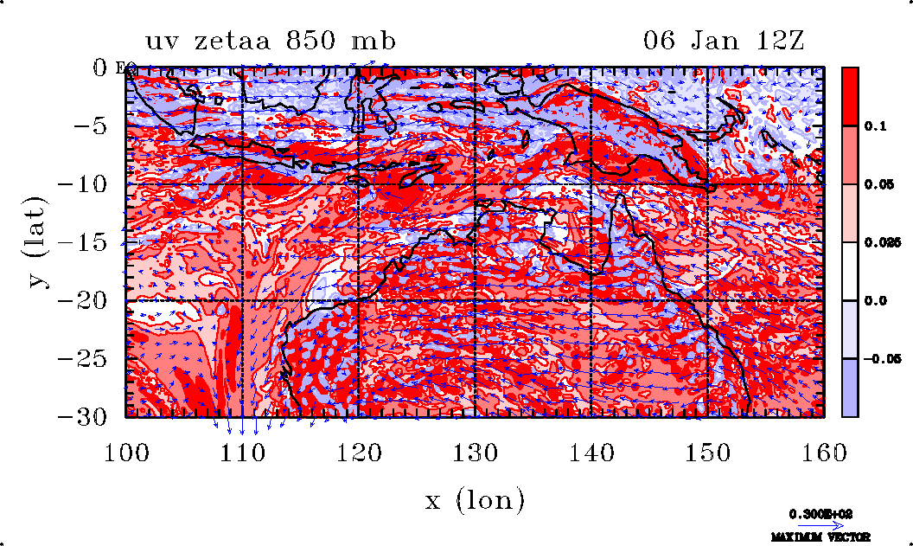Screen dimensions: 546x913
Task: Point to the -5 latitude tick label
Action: pos(98,126)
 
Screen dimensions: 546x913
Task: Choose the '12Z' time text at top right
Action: pos(777,41)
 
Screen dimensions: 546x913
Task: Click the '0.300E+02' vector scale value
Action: pos(821,514)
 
